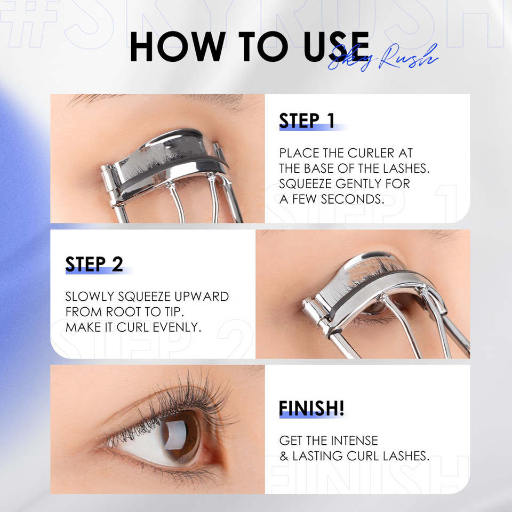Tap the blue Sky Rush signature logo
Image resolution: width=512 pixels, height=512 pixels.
[x=383, y=57]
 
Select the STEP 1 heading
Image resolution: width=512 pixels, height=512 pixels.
[x=307, y=121]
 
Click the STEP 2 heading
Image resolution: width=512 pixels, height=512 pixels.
[x=94, y=264]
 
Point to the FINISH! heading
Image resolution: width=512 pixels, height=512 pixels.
[x=311, y=408]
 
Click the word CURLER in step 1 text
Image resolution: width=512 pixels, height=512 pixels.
[x=371, y=153]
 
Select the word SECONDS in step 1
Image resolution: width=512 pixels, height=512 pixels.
[x=353, y=199]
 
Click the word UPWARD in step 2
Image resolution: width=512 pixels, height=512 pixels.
[x=202, y=296]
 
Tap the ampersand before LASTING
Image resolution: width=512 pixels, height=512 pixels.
[x=284, y=456]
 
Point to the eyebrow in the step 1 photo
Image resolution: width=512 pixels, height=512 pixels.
[x=157, y=99]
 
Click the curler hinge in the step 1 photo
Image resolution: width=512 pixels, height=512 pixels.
[x=109, y=187]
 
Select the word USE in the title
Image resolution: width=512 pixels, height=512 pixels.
[x=337, y=46]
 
